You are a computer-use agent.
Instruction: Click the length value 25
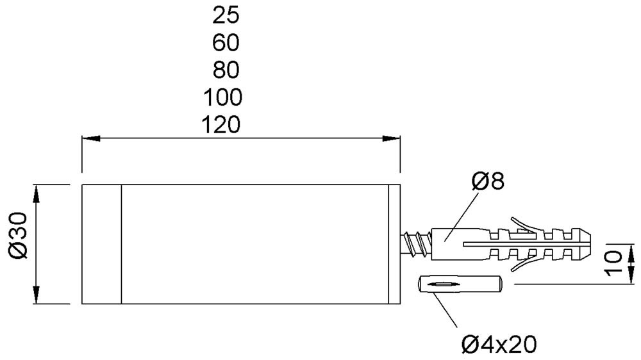[x=226, y=15]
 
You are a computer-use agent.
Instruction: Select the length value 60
[x=226, y=42]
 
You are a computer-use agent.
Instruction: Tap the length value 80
[x=226, y=70]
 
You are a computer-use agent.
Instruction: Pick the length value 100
[x=223, y=97]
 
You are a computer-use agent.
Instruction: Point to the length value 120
[x=221, y=125]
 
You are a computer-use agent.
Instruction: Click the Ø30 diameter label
[x=18, y=235]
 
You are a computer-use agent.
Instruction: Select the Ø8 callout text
[x=488, y=181]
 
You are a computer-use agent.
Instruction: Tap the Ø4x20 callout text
[x=499, y=345]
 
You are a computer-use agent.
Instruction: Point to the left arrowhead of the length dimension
[x=91, y=138]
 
